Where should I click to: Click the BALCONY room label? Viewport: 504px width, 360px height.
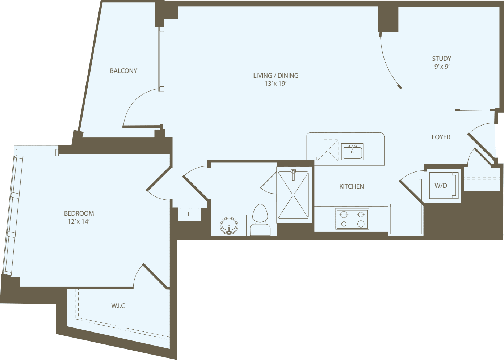(x=123, y=71)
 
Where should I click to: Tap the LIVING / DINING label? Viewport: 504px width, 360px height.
(x=276, y=76)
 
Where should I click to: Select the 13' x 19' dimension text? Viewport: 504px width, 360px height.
(x=276, y=84)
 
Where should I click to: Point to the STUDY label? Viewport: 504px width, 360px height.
(x=441, y=59)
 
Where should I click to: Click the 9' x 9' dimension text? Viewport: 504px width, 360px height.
(x=442, y=67)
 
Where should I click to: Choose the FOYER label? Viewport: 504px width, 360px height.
(x=441, y=137)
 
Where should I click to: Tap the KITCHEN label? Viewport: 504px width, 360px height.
(x=351, y=186)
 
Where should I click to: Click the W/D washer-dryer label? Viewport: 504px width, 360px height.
(x=441, y=186)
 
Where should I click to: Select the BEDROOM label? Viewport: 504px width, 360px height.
(x=79, y=213)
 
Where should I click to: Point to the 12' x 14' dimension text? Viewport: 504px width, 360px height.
(x=79, y=221)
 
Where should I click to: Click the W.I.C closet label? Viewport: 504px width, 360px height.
(x=118, y=306)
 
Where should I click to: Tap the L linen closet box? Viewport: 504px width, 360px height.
(x=189, y=215)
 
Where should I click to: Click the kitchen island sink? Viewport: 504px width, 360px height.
(x=352, y=152)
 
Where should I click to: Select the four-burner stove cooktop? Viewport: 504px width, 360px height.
(x=352, y=219)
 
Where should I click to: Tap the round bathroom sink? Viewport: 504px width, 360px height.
(x=229, y=226)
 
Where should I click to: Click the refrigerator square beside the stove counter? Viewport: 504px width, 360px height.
(x=406, y=220)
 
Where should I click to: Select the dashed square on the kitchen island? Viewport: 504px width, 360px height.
(x=327, y=150)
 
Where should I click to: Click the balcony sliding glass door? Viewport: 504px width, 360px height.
(x=161, y=59)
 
